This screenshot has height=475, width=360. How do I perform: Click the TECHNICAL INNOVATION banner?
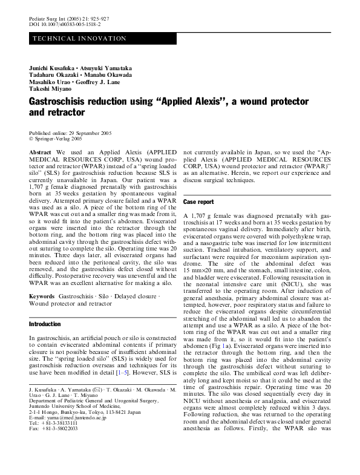79,39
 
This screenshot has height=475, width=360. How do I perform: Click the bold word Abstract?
40,152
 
